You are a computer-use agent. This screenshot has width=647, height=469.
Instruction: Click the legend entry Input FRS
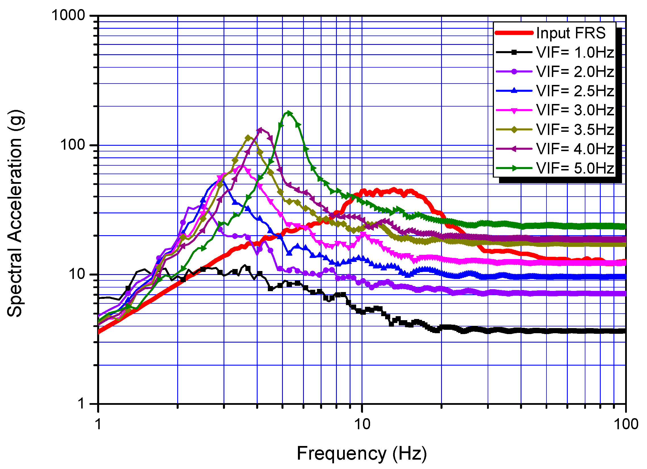[570, 33]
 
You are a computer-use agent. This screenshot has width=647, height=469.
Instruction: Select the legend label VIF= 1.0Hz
[575, 53]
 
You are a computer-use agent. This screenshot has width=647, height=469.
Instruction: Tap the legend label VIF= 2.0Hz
[575, 72]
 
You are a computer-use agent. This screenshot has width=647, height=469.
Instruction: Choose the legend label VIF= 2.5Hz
[575, 91]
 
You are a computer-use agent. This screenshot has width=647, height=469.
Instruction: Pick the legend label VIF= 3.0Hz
[575, 110]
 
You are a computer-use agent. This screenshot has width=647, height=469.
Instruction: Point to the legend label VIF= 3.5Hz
[575, 130]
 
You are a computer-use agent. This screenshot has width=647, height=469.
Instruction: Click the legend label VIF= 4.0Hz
[575, 149]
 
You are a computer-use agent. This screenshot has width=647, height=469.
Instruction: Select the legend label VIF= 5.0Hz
[575, 168]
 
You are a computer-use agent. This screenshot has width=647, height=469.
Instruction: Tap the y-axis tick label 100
[73, 145]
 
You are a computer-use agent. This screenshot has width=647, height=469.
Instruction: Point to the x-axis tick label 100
[626, 424]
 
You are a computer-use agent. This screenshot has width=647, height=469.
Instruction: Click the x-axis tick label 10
[362, 424]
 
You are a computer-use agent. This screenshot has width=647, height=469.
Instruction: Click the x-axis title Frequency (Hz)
[362, 454]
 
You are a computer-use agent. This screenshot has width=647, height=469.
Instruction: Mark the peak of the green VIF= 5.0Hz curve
[289, 113]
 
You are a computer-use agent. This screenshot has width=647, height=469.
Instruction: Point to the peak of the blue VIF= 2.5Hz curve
[222, 180]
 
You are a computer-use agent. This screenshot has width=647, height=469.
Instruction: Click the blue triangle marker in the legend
[514, 91]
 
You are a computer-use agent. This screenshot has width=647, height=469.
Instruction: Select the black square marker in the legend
[514, 52]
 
